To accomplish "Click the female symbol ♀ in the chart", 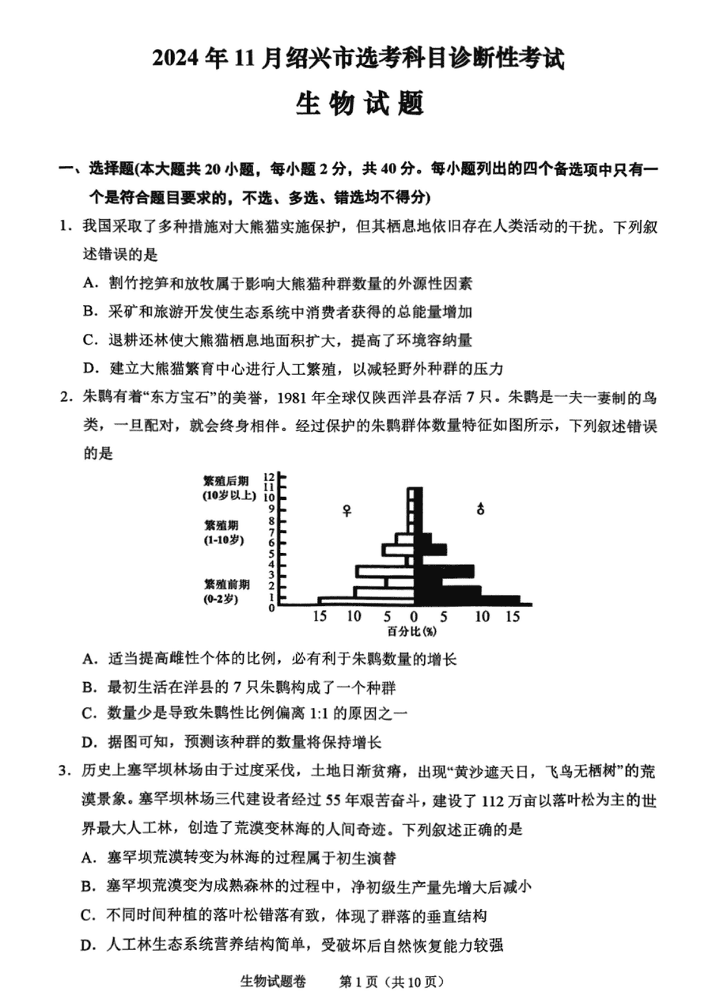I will pyautogui.click(x=347, y=510).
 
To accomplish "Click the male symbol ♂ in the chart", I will pyautogui.click(x=480, y=509).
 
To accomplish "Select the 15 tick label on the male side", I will pyautogui.click(x=513, y=616).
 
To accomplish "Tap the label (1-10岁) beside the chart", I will pyautogui.click(x=223, y=539).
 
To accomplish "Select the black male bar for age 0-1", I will pyautogui.click(x=467, y=600).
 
